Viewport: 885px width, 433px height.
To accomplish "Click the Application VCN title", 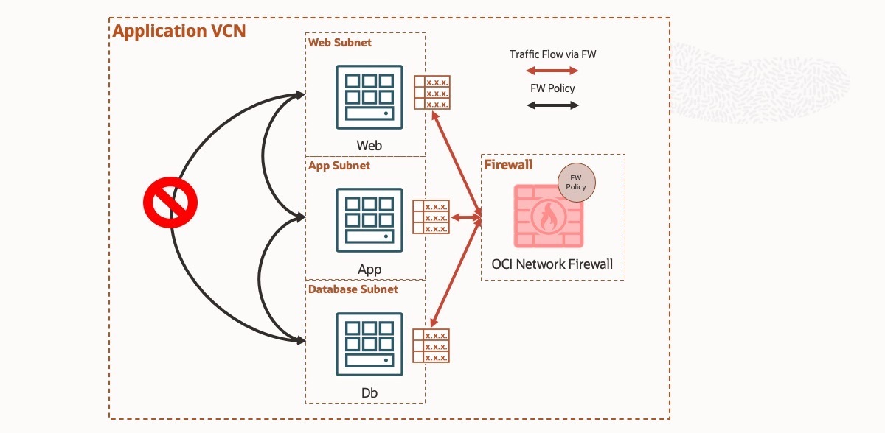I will tap(178, 31).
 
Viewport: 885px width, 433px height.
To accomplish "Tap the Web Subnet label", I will tap(339, 43).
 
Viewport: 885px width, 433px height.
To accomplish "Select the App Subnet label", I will tap(339, 166).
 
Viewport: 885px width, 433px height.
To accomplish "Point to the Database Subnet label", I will tap(353, 289).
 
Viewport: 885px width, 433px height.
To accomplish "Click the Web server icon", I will tap(369, 97).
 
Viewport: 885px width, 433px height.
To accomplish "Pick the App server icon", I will tap(369, 220).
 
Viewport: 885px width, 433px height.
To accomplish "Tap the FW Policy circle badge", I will tap(576, 183).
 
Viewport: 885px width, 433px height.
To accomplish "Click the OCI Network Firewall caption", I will tap(552, 264).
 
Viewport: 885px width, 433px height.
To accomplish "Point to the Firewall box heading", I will tap(508, 164).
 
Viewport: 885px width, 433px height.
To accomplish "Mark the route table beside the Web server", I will tap(431, 94).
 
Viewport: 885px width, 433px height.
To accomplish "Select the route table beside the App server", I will tap(431, 218).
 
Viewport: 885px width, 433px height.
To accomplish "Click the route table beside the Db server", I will tap(431, 346).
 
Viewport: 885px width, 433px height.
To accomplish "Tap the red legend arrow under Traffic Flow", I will tap(552, 71).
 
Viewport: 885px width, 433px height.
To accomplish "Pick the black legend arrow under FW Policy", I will tap(552, 105).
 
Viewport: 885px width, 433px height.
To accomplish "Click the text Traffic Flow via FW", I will tap(552, 54).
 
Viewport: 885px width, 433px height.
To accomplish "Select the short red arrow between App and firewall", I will tap(465, 217).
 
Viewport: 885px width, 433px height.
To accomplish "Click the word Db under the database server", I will tap(369, 393).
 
